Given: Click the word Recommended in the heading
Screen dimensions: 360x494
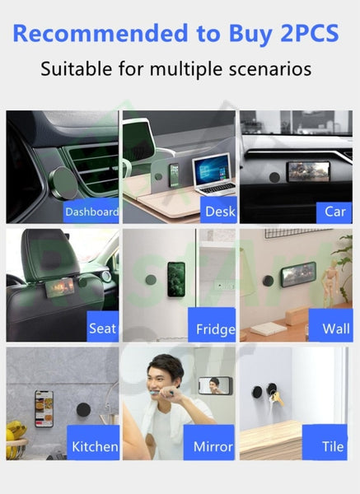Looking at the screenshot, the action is [x=101, y=33].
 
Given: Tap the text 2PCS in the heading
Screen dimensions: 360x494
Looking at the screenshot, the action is [x=310, y=33].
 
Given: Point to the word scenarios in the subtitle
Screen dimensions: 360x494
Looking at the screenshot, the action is [x=270, y=68].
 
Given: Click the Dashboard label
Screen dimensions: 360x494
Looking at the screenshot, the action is [x=91, y=211].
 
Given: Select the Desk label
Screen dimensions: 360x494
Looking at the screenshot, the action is [x=219, y=211].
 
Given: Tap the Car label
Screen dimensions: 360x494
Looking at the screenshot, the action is [x=334, y=212].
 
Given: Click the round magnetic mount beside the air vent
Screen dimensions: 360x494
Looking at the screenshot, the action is [x=64, y=183].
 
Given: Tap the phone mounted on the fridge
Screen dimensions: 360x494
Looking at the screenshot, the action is [x=176, y=279].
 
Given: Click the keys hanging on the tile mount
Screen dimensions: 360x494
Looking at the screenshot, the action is [x=278, y=398].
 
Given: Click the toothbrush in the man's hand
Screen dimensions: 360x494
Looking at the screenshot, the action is [x=160, y=393].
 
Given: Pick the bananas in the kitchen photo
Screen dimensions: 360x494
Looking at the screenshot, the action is [x=15, y=431].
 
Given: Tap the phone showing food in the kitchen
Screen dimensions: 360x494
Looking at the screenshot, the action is [x=44, y=408].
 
